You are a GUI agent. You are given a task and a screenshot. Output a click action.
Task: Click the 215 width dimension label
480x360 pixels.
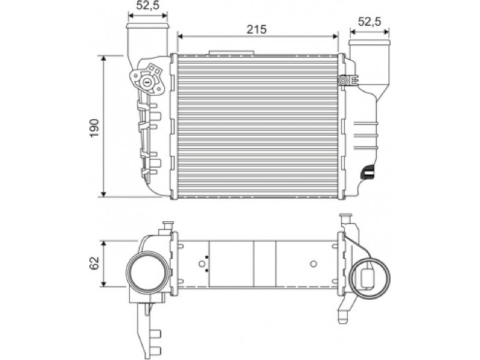point(257,29)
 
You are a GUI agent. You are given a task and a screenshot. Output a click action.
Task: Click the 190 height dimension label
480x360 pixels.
point(95,128)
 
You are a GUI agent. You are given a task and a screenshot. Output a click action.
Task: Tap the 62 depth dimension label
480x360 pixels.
point(95,263)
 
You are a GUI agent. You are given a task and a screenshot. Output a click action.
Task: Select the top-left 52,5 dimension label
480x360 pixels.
point(148,5)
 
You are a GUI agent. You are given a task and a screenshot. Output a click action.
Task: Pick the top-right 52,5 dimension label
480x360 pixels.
point(370,22)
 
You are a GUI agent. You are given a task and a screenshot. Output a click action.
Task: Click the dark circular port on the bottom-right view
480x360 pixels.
point(370,278)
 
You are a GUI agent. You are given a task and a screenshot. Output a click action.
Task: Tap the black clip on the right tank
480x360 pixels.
point(368,172)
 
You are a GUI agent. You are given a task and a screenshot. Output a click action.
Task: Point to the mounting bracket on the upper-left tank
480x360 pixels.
point(148,80)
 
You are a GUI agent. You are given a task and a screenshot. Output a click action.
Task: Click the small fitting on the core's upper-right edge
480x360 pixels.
point(344,80)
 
